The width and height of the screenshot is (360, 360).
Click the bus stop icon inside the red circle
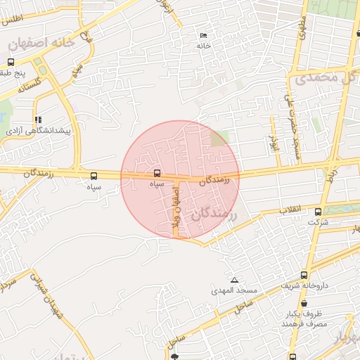(156, 172)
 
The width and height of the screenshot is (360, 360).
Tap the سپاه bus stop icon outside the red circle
(94, 176)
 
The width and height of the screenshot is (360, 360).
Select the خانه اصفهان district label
(41, 44)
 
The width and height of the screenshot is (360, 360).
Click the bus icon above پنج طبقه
(11, 62)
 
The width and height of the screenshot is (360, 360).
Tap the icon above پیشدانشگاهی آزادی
(38, 120)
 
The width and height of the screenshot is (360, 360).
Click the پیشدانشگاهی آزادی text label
(39, 131)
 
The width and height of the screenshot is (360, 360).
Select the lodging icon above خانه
(204, 35)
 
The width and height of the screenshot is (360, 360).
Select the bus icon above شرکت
(318, 212)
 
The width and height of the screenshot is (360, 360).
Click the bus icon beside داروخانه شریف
(304, 275)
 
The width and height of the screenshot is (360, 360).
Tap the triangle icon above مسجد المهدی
(235, 280)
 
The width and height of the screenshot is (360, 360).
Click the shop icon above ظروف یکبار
(304, 302)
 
